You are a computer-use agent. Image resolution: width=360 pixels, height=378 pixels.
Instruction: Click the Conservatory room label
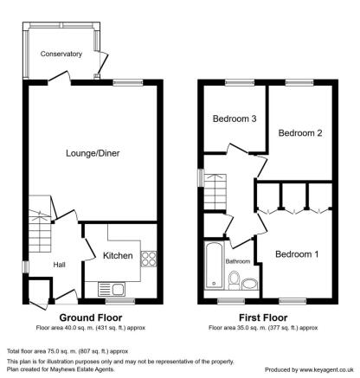click(61, 54)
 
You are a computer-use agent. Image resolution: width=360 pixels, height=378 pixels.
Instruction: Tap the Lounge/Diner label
click(93, 153)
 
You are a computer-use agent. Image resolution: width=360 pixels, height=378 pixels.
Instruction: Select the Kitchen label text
click(118, 255)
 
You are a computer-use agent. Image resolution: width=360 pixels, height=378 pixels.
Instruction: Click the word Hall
click(59, 265)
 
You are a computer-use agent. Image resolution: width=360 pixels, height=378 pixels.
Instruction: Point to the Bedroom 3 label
click(235, 119)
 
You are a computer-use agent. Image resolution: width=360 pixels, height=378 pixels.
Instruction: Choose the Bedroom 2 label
click(300, 133)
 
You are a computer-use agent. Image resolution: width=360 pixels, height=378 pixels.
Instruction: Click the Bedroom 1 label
click(297, 254)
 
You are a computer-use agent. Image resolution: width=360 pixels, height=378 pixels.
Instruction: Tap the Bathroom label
click(238, 261)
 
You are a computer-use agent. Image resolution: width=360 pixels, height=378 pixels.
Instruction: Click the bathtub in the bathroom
click(214, 265)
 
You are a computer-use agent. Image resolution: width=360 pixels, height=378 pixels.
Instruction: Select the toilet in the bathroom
click(235, 280)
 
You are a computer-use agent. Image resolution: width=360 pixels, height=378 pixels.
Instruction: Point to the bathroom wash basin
click(249, 284)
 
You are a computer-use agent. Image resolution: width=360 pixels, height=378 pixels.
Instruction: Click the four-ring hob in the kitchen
click(149, 259)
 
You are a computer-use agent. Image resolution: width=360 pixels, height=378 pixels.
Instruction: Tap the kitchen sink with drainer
click(112, 289)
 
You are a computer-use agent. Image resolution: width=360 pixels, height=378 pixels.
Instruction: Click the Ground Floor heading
click(91, 317)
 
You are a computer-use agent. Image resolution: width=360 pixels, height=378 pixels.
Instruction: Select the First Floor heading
click(263, 317)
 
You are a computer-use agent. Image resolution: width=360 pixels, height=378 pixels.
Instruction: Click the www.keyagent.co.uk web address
click(326, 369)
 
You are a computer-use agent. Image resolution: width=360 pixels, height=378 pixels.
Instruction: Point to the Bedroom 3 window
click(240, 82)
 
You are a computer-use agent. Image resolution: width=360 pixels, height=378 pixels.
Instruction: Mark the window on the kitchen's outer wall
click(120, 301)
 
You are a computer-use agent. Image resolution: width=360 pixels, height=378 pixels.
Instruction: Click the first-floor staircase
click(215, 192)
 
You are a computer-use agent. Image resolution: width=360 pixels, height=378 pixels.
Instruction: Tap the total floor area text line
click(67, 351)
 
